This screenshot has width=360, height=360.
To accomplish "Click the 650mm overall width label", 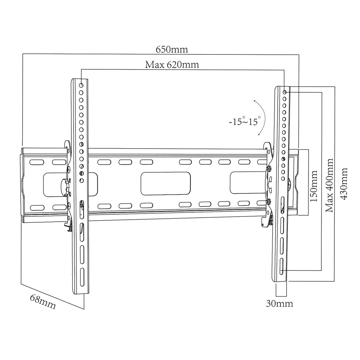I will pyautogui.click(x=172, y=50).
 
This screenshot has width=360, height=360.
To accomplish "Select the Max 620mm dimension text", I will pyautogui.click(x=172, y=65).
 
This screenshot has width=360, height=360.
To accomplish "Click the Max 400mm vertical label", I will pyautogui.click(x=329, y=185).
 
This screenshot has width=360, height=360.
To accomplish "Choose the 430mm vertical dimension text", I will pyautogui.click(x=344, y=183).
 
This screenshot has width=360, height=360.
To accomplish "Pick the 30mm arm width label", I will pyautogui.click(x=279, y=304).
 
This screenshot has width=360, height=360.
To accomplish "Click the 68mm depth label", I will pyautogui.click(x=43, y=302).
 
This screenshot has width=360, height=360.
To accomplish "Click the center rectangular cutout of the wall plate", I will pyautogui.click(x=165, y=184).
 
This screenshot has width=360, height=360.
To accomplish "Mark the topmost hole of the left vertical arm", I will pyautogui.click(x=81, y=85).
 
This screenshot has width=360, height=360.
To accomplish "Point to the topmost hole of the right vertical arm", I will pyautogui.click(x=284, y=92).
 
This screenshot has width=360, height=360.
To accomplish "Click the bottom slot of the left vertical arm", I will pyautogui.click(x=82, y=279).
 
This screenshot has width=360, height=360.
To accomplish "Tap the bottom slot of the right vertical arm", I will pyautogui.click(x=282, y=267).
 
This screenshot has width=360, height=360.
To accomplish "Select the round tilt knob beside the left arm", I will pyautogui.click(x=65, y=188).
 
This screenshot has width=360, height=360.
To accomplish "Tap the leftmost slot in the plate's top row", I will pyautogui.click(x=37, y=163).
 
